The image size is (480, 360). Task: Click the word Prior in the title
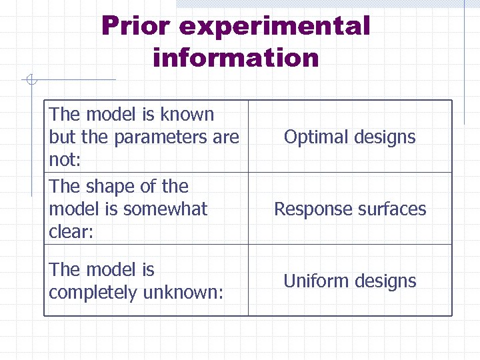tap(136, 27)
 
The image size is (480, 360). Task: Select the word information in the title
tap(236, 58)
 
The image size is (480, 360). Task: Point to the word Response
tap(309, 209)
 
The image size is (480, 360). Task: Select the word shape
tap(120, 187)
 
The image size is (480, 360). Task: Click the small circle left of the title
tap(31, 81)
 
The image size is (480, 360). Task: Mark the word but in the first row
tap(61, 137)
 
